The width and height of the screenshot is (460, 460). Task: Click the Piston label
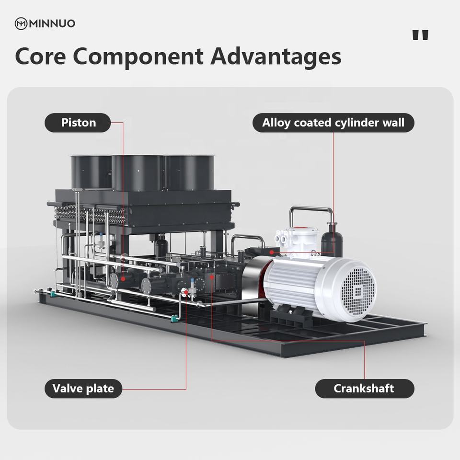click(x=78, y=123)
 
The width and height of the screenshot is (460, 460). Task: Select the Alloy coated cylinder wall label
click(x=333, y=123)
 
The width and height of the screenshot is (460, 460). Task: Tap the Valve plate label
click(x=83, y=388)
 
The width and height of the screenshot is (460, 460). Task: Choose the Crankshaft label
click(x=364, y=388)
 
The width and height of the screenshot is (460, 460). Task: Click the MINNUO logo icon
click(x=21, y=23)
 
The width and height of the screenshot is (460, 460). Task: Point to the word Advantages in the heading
click(x=276, y=57)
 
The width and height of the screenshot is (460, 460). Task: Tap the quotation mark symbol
click(x=420, y=35)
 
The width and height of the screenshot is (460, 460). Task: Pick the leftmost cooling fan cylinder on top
click(x=91, y=172)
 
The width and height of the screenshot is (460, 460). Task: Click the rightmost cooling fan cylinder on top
click(x=189, y=172)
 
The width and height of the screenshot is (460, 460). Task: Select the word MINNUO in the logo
click(x=52, y=23)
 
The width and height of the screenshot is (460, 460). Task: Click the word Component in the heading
click(x=138, y=57)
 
